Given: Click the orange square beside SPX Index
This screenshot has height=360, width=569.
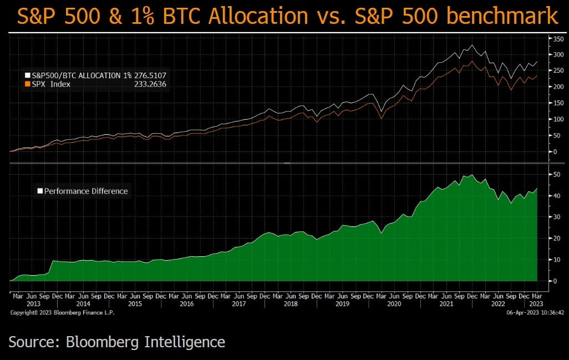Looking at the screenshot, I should click(x=27, y=84).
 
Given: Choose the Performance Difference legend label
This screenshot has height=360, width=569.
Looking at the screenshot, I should click(x=86, y=191).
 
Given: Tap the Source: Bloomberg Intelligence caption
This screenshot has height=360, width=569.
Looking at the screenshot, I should click(x=117, y=342).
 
